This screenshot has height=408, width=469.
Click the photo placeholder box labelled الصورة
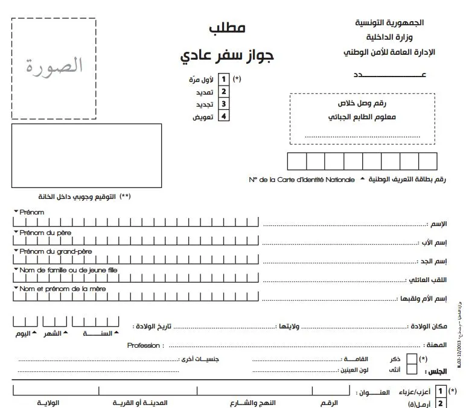coord(53,68)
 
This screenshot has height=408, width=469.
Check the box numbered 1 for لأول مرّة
coord(224,79)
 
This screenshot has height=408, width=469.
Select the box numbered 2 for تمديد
coord(224,92)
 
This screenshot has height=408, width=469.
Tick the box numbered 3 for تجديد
coord(224,104)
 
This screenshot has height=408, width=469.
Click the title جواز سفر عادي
coord(227,55)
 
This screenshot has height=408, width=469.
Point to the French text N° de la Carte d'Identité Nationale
coord(302,180)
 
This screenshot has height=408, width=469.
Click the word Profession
coord(144,345)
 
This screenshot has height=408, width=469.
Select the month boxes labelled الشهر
coord(55,323)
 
